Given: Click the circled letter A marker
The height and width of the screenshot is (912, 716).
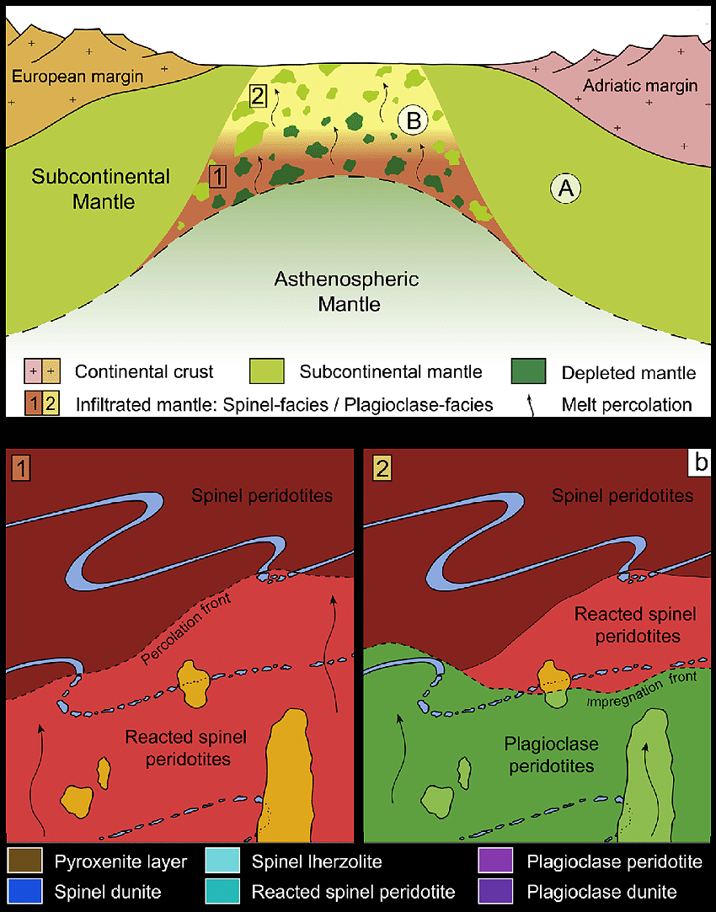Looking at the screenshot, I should pos(565,189).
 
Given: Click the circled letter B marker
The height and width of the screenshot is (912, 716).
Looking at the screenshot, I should pos(414,120).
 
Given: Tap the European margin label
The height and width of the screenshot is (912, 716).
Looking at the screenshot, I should pos(77,77).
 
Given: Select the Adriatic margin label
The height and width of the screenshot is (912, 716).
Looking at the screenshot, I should pos(641,85).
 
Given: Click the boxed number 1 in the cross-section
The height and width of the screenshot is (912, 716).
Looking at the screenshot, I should pos(217,176).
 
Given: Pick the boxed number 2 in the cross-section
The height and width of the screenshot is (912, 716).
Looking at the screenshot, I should pos(259,96).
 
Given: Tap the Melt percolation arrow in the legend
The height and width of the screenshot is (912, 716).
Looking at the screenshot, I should pos(531,405).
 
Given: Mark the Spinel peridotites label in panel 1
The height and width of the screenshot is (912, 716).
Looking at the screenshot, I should pos(262,495).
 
